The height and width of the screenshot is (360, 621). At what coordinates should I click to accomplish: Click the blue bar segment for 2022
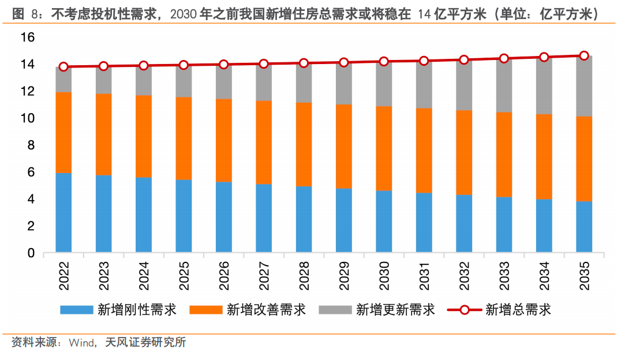pos(63,213)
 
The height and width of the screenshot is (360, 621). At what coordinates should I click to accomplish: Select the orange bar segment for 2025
pos(184,138)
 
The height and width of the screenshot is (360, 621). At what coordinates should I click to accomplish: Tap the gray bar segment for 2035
pos(584,87)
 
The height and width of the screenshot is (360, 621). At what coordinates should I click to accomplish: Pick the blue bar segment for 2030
pos(384,222)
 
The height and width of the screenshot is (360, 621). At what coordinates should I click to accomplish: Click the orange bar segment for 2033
pos(504,155)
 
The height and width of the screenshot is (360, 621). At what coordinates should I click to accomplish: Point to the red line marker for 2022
pos(63,67)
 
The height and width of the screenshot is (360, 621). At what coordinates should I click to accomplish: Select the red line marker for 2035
pos(584,56)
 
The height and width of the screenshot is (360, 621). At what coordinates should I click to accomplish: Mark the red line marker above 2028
pos(304,63)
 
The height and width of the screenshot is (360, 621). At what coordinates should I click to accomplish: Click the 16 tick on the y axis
pos(28,37)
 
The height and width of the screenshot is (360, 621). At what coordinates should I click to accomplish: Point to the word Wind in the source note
pos(81,343)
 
